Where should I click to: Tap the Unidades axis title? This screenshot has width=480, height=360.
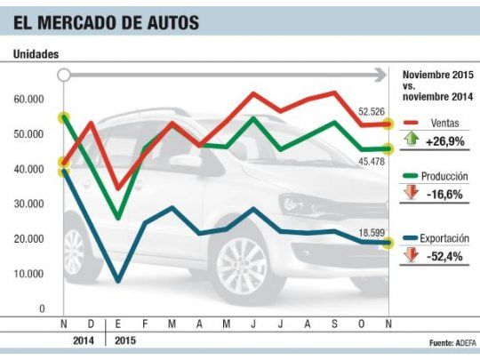(36, 54)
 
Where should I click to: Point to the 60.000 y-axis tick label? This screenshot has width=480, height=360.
(28, 100)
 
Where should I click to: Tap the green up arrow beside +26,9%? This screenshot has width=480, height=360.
(411, 139)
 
